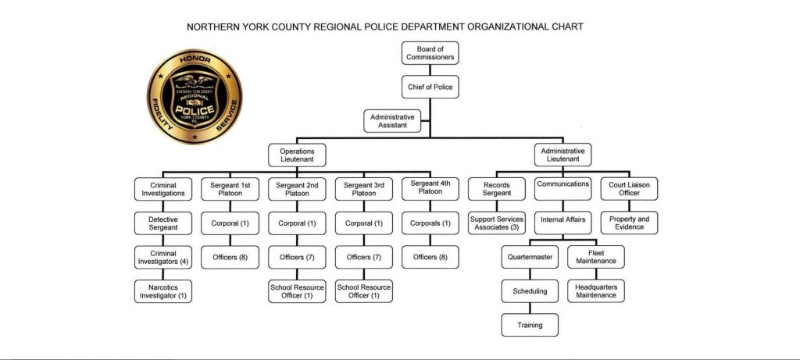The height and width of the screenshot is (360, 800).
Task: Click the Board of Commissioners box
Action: tap(430, 53)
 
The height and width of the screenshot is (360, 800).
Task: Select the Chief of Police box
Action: tap(430, 87)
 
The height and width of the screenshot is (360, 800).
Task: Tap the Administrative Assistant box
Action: tap(392, 121)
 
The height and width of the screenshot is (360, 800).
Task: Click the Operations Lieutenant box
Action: tap(297, 155)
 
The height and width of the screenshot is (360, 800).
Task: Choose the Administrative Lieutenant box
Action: tap(562, 155)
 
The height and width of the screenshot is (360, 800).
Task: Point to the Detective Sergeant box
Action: tap(163, 223)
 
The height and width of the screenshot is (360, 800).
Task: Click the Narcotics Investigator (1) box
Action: tap(163, 291)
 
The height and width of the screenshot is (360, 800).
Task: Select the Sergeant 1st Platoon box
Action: tap(230, 189)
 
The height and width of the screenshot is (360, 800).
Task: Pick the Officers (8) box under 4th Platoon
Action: tap(430, 257)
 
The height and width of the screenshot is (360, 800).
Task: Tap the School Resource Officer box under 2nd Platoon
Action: tap(297, 291)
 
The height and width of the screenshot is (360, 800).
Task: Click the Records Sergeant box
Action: tap(496, 189)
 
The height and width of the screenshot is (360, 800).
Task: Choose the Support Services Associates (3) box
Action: tap(496, 223)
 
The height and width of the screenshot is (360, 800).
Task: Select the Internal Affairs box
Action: tap(562, 223)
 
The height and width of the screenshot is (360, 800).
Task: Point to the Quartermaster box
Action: tap(530, 257)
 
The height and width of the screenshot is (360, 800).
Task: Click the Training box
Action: tap(530, 325)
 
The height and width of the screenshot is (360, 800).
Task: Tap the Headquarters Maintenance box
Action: tap(596, 291)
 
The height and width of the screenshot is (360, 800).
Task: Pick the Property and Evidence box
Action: tap(629, 223)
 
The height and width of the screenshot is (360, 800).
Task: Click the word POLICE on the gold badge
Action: tap(195, 110)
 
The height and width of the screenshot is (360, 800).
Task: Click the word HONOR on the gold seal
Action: tap(195, 59)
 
